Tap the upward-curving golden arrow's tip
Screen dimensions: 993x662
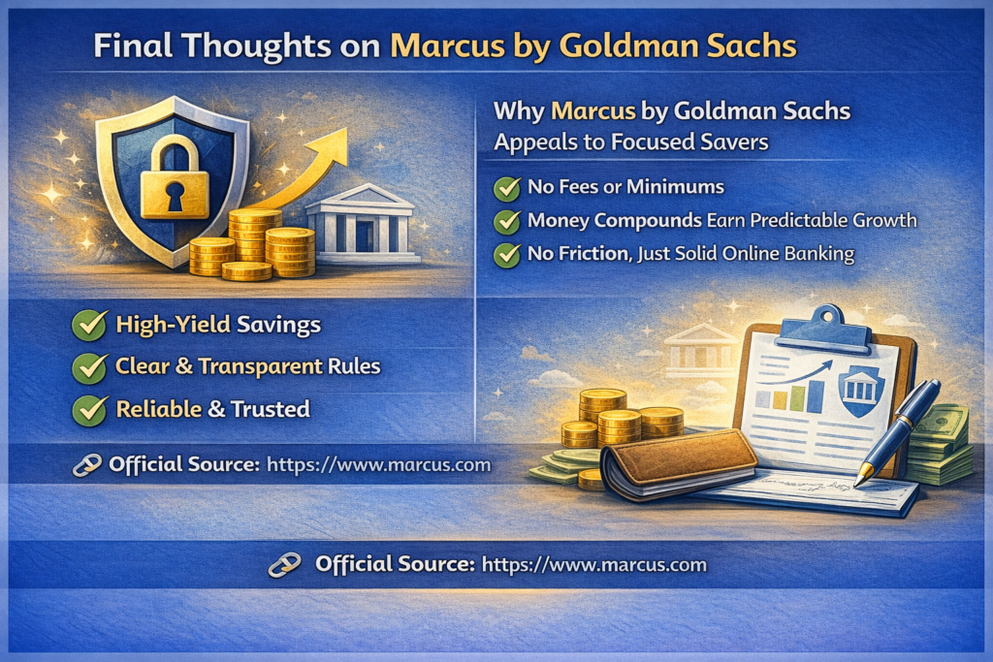click(x=345, y=131)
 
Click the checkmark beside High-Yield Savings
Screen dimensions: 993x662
click(x=89, y=326)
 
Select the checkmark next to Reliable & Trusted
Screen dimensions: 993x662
click(x=89, y=410)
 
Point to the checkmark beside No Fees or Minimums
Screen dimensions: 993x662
click(x=506, y=188)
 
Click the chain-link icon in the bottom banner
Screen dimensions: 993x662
click(x=285, y=564)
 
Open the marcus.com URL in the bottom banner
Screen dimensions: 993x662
click(x=594, y=564)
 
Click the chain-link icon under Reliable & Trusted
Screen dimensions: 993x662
click(x=86, y=465)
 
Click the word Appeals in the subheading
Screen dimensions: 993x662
click(x=534, y=142)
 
